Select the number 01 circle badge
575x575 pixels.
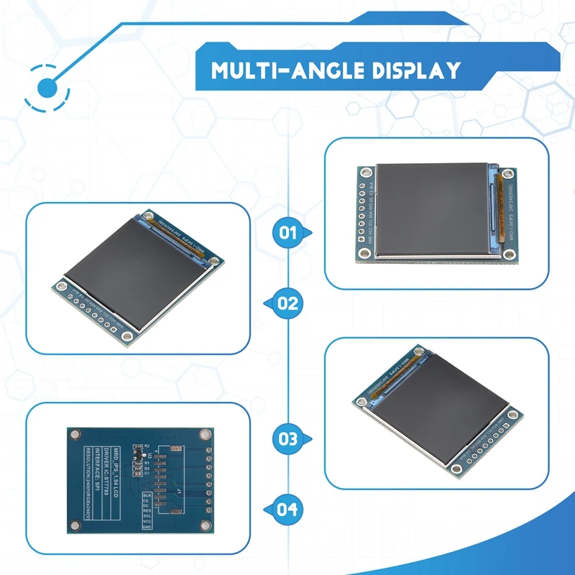(287, 232)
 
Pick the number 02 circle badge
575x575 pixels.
(287, 303)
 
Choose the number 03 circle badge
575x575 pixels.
(287, 438)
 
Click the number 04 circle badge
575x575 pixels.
(287, 509)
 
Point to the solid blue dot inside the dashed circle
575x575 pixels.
(47, 88)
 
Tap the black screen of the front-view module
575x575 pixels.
(433, 209)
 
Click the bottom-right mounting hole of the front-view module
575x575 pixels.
(509, 254)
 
